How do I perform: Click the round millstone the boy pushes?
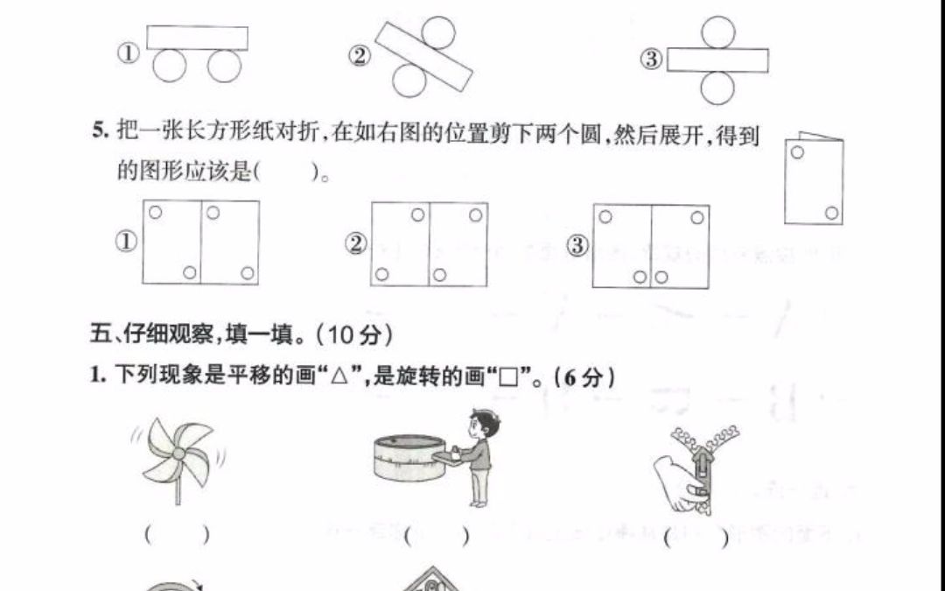coord(408,457)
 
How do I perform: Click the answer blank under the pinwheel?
coord(178,534)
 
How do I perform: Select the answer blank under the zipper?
coord(696,538)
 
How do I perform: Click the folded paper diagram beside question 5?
coord(814,179)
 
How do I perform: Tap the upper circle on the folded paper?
coord(797,152)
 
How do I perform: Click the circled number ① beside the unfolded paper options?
coord(128,243)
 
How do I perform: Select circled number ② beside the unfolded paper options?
coord(355,244)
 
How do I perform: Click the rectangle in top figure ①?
coord(197,38)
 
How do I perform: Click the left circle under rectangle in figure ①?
coord(170,66)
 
